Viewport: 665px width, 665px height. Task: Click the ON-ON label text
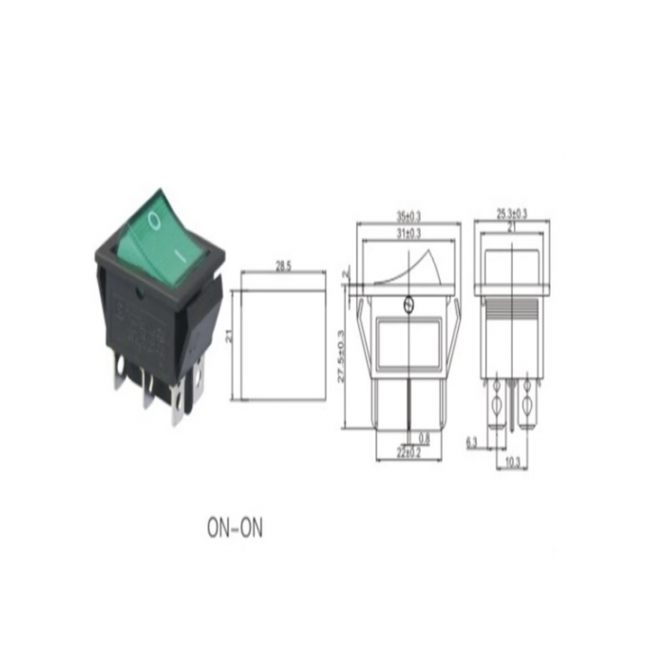pos(234,527)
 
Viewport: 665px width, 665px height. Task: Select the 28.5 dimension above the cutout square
pos(283,267)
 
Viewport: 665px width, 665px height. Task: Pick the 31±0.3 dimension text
pos(408,233)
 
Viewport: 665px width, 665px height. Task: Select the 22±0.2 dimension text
pos(410,453)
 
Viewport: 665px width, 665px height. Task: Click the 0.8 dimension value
pos(423,438)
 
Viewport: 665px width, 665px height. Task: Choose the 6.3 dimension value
pos(471,441)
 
